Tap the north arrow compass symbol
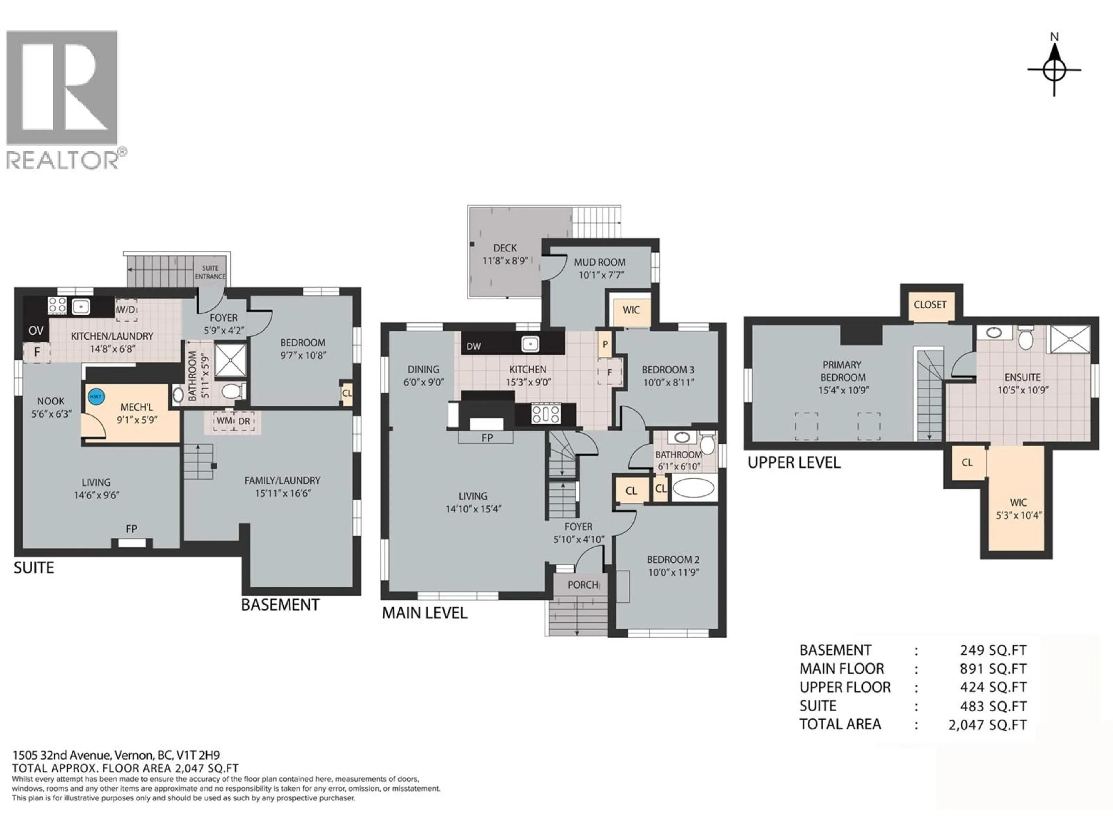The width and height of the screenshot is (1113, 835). tap(1054, 70)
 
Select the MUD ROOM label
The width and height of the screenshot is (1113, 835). tap(600, 262)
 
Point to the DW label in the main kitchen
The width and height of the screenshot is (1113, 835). tap(474, 346)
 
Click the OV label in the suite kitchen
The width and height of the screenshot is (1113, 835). tap(36, 331)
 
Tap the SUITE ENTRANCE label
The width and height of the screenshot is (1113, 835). tap(210, 272)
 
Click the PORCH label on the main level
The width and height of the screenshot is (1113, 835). tap(583, 585)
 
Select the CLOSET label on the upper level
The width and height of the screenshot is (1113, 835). tap(930, 304)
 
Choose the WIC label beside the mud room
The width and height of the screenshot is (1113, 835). tap(631, 310)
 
